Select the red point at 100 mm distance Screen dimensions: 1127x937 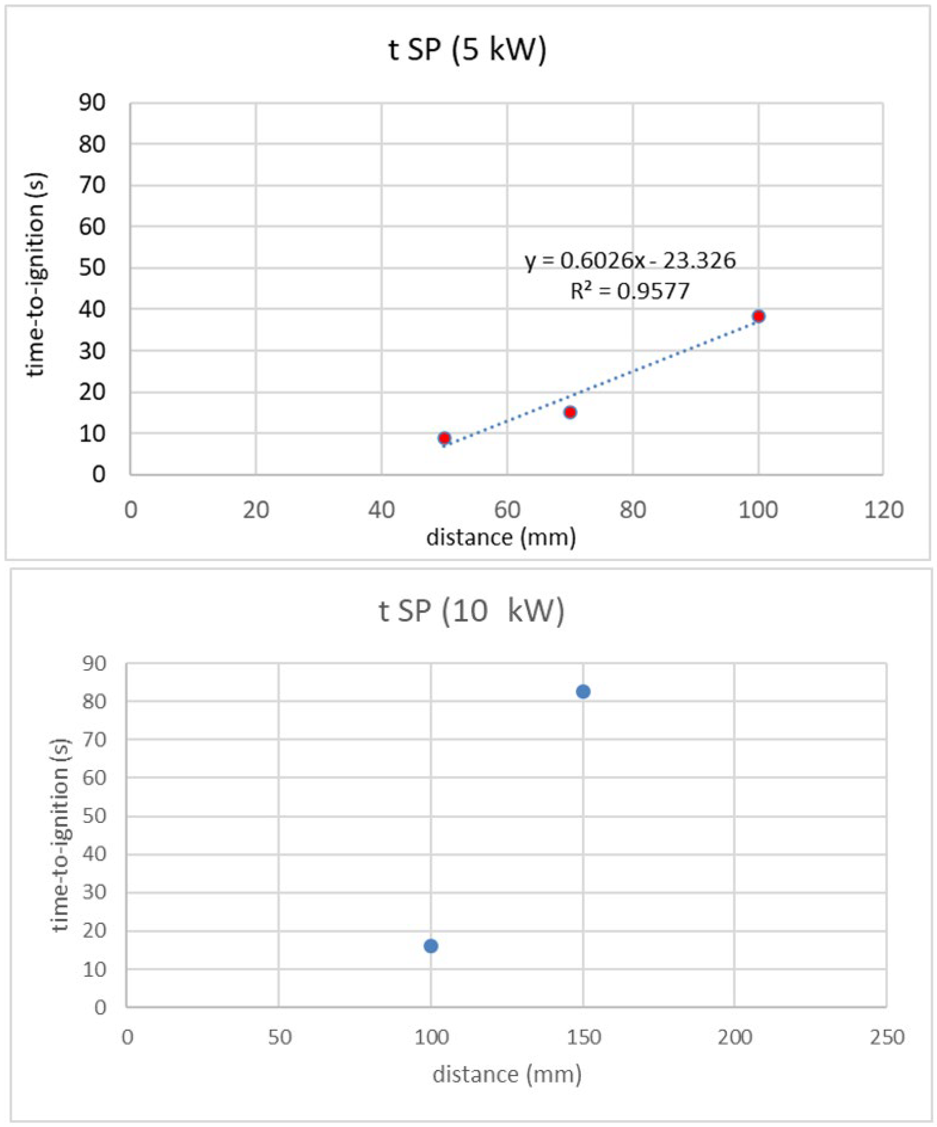click(758, 316)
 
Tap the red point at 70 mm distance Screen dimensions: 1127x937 click(570, 412)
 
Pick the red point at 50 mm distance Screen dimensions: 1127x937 click(444, 438)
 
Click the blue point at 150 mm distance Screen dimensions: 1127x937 click(583, 692)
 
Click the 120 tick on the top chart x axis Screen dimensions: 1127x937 click(883, 510)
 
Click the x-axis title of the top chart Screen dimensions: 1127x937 click(501, 537)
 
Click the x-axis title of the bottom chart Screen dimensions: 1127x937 click(507, 1075)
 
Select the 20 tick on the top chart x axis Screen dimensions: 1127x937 click(256, 510)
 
